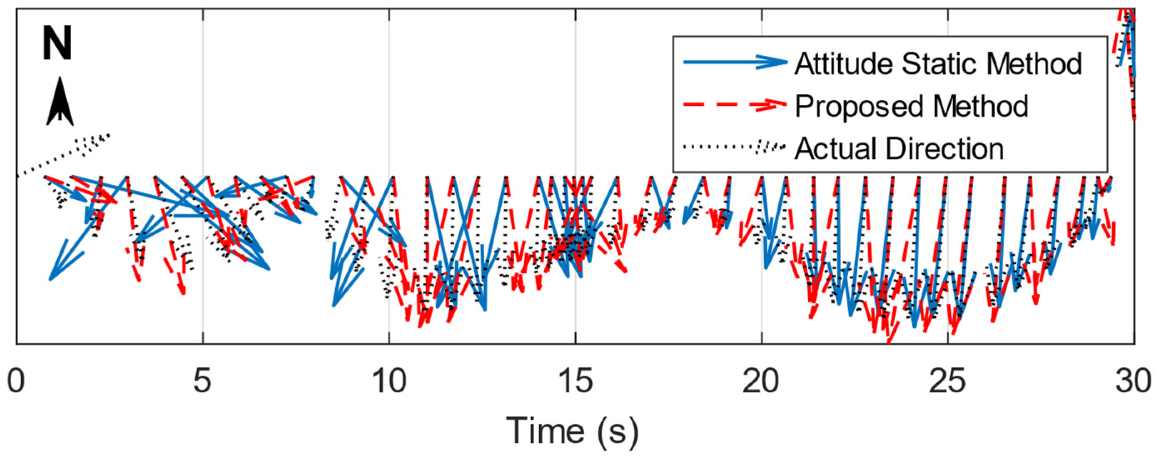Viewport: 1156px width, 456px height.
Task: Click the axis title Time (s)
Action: click(573, 431)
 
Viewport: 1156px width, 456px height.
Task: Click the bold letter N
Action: click(57, 44)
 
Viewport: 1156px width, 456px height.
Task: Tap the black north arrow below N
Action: click(60, 102)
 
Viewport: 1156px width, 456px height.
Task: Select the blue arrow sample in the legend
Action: click(735, 62)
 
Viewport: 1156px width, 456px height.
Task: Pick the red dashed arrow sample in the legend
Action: click(735, 104)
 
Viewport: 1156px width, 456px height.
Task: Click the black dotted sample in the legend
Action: click(735, 146)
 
